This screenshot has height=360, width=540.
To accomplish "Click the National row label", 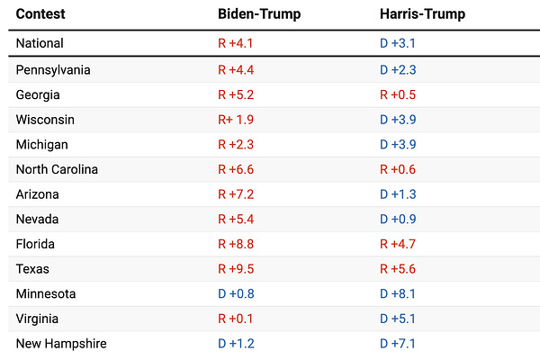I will click(40, 43).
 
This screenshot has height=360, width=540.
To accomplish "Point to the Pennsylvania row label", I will click(53, 70).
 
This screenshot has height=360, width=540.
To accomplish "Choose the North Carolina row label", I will click(57, 169).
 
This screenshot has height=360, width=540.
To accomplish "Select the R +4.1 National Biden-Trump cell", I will click(237, 43).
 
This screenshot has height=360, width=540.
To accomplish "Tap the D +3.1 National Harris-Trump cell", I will click(398, 43).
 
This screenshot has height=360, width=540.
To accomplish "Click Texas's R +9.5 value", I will click(237, 269).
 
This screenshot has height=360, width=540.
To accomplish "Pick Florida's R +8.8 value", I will click(237, 244).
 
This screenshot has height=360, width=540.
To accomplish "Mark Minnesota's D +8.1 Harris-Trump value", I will click(398, 293).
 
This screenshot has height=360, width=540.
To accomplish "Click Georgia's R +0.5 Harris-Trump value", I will click(398, 94).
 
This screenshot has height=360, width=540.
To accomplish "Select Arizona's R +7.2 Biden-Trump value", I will click(237, 194).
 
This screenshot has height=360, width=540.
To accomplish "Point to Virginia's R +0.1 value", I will click(237, 319).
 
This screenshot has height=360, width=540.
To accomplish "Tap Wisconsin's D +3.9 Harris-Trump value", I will click(398, 120).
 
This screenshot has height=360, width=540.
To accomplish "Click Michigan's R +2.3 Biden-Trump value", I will click(237, 144).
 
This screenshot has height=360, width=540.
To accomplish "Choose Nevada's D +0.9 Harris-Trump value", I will click(398, 219).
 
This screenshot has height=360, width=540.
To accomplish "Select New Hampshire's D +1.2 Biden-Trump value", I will click(237, 343).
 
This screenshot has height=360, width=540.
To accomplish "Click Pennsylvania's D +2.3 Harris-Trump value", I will click(398, 70).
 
